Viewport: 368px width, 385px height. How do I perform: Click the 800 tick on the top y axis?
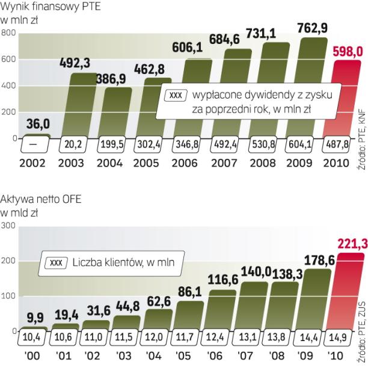8,32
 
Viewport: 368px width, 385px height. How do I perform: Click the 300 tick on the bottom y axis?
8,226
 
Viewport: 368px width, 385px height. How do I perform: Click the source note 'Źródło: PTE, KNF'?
362,132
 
